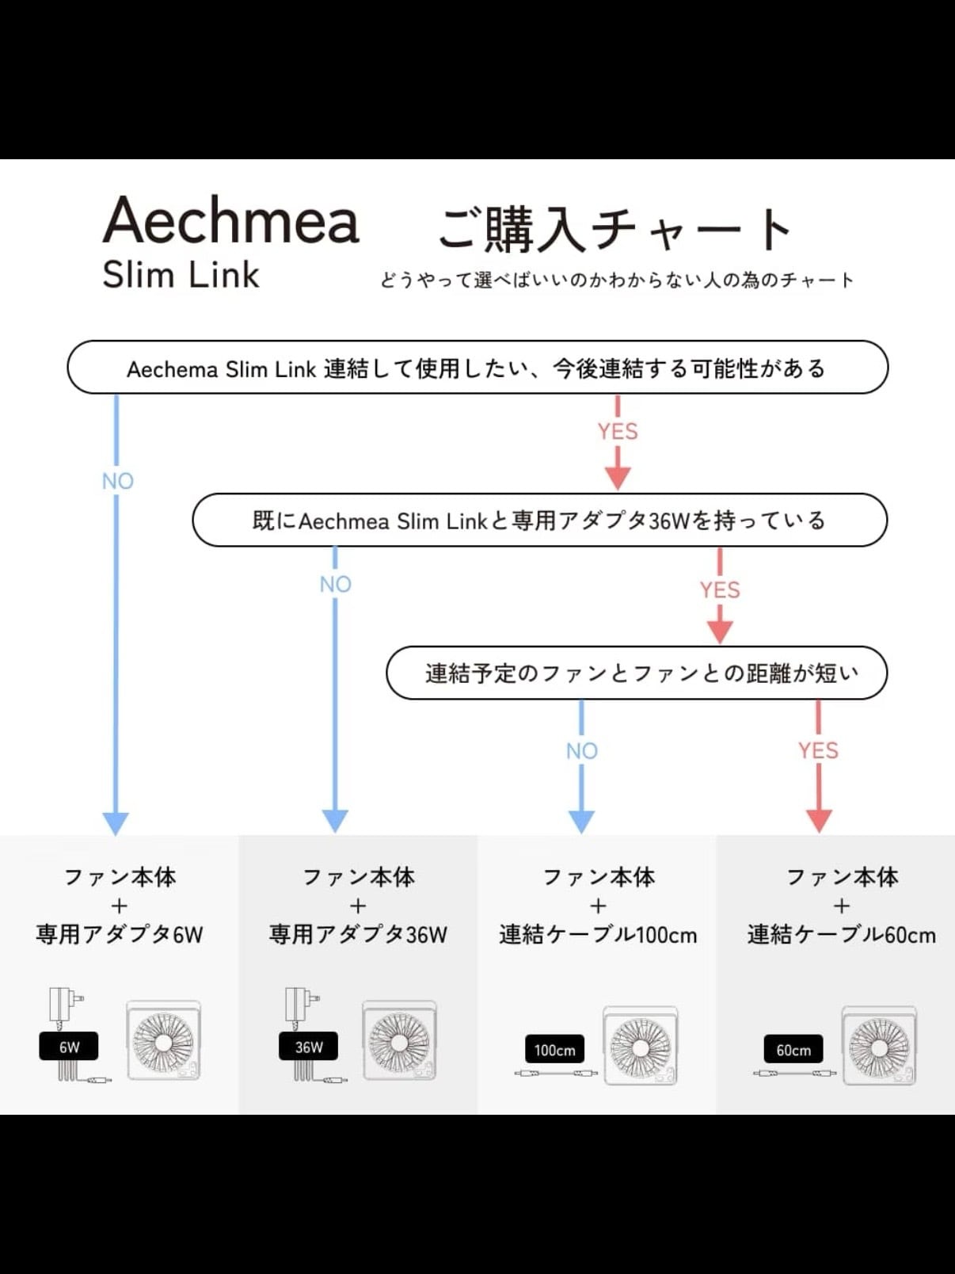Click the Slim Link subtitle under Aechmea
(181, 274)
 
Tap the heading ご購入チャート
(614, 229)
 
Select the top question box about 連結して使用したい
(477, 367)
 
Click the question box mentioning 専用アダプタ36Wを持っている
(540, 520)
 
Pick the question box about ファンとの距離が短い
(637, 673)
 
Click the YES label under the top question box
(618, 431)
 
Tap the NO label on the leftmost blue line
(118, 481)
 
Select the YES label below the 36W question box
(720, 589)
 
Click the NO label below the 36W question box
(336, 584)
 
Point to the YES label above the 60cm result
(818, 750)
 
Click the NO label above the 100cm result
(581, 751)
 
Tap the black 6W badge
(68, 1047)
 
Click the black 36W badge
(309, 1047)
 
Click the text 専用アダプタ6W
(120, 934)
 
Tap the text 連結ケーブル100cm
(598, 934)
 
